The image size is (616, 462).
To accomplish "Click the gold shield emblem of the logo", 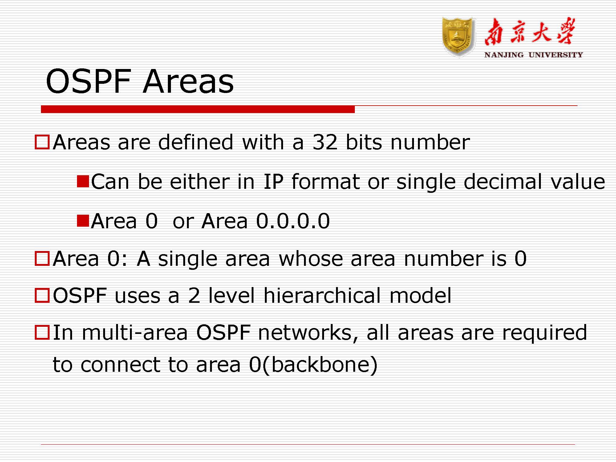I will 458,37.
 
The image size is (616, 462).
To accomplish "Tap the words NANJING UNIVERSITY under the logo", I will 533,55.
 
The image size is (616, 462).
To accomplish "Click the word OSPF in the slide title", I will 89,81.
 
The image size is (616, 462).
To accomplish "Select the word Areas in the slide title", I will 188,81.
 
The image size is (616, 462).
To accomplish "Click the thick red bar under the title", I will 198,109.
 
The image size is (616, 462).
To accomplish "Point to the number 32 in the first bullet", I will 325,142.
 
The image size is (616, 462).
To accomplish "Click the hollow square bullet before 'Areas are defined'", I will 42,142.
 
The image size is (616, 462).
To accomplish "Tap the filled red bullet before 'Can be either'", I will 83,181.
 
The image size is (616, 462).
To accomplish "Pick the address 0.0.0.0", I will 293,221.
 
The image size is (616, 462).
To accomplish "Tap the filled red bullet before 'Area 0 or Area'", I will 83,221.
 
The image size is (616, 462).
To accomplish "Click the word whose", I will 310,258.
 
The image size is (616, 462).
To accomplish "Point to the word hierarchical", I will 322,295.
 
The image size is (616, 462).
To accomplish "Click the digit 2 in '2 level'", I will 194,295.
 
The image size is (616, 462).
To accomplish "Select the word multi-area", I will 135,333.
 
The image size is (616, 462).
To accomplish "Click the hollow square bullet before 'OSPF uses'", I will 42,295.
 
